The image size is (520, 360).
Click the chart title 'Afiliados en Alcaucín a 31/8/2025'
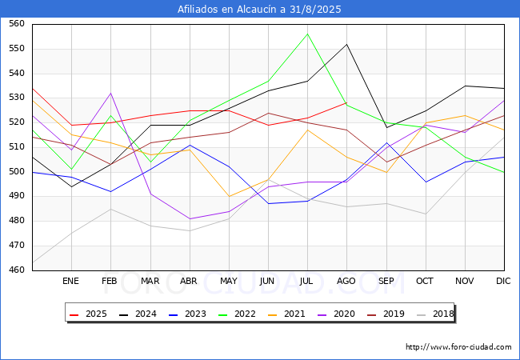[x=259, y=9]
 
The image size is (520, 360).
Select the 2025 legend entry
[x=88, y=314]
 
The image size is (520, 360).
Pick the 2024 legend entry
[x=138, y=314]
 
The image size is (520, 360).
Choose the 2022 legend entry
[x=237, y=314]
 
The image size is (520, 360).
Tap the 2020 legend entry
[x=336, y=314]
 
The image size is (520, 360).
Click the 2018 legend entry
[x=435, y=314]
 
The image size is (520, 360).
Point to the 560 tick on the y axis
[x=17, y=23]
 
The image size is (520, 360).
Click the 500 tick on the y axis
[x=17, y=171]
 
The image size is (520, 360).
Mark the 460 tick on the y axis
[x=17, y=270]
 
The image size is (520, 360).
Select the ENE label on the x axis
[x=70, y=281]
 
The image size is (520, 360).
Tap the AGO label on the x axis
[x=346, y=281]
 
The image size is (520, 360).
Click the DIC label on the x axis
[x=503, y=281]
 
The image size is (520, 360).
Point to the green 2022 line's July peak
[x=307, y=34]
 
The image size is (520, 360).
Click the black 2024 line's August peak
[x=347, y=44]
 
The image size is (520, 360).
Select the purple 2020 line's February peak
[x=110, y=93]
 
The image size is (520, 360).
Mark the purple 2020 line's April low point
[x=190, y=218]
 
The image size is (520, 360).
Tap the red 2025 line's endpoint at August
[x=347, y=102]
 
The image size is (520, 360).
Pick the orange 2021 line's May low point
[x=229, y=197]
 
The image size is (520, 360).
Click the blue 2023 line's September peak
[x=386, y=142]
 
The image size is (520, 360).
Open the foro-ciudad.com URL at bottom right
[x=458, y=347]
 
